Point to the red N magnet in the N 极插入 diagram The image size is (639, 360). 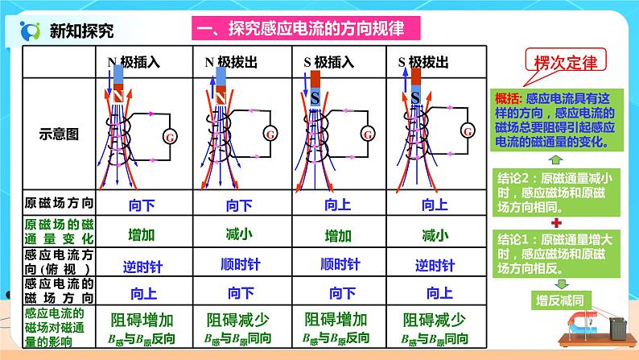(x=117, y=94)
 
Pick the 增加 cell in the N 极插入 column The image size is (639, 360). (x=142, y=236)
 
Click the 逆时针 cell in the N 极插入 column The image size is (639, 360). (x=142, y=264)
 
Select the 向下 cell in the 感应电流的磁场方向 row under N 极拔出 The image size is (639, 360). (x=240, y=292)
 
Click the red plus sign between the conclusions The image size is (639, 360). (x=555, y=220)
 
